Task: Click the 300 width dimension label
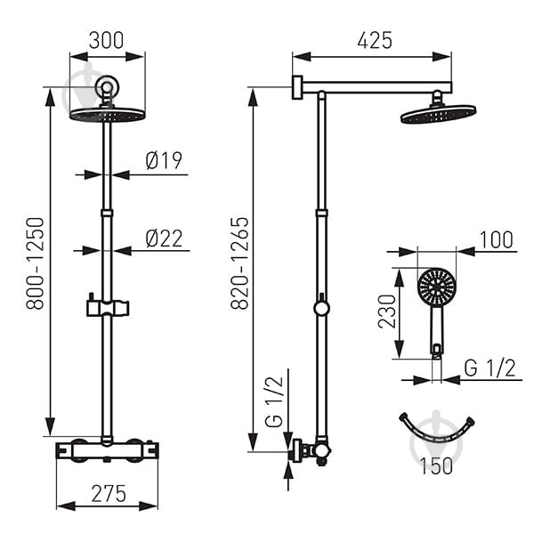106,40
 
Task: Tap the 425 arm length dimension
375,40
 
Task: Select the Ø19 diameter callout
164,160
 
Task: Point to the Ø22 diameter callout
164,239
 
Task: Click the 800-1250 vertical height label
35,263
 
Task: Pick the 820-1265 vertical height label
239,263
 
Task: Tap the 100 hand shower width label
497,239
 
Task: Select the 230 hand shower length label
387,311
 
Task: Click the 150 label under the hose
436,465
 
